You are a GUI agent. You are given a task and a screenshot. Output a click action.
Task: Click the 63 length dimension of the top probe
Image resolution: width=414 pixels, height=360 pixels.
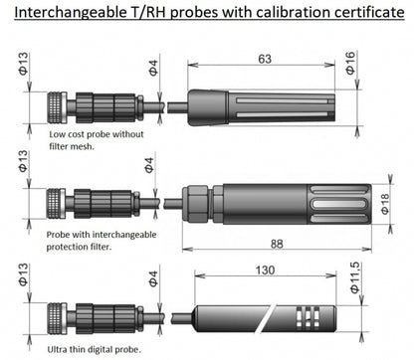(265, 59)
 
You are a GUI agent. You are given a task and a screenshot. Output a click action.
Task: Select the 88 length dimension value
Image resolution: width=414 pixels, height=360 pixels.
(277, 244)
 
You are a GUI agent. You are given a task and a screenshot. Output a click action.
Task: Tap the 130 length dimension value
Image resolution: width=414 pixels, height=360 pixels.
(265, 270)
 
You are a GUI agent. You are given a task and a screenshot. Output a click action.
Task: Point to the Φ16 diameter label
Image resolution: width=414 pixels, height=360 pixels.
(350, 63)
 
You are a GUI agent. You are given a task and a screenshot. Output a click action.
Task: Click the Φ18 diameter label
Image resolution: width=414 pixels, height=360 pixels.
(385, 204)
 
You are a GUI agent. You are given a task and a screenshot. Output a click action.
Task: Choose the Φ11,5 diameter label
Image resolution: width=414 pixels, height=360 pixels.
(355, 277)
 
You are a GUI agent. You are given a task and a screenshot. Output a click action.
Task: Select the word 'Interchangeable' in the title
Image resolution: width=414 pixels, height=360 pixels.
(69, 13)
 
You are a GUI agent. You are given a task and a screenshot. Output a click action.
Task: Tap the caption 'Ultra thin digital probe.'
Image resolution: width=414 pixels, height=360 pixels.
(95, 349)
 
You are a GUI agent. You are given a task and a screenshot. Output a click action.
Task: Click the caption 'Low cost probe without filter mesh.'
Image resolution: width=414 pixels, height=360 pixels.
(97, 140)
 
